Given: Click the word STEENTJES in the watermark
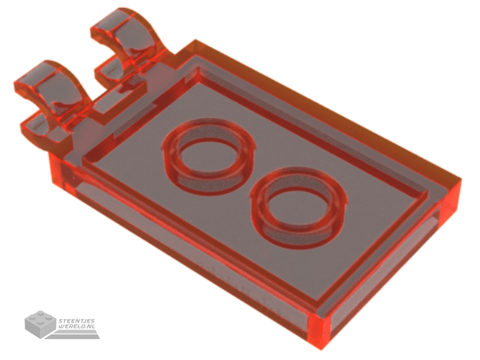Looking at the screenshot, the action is point(76,321).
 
